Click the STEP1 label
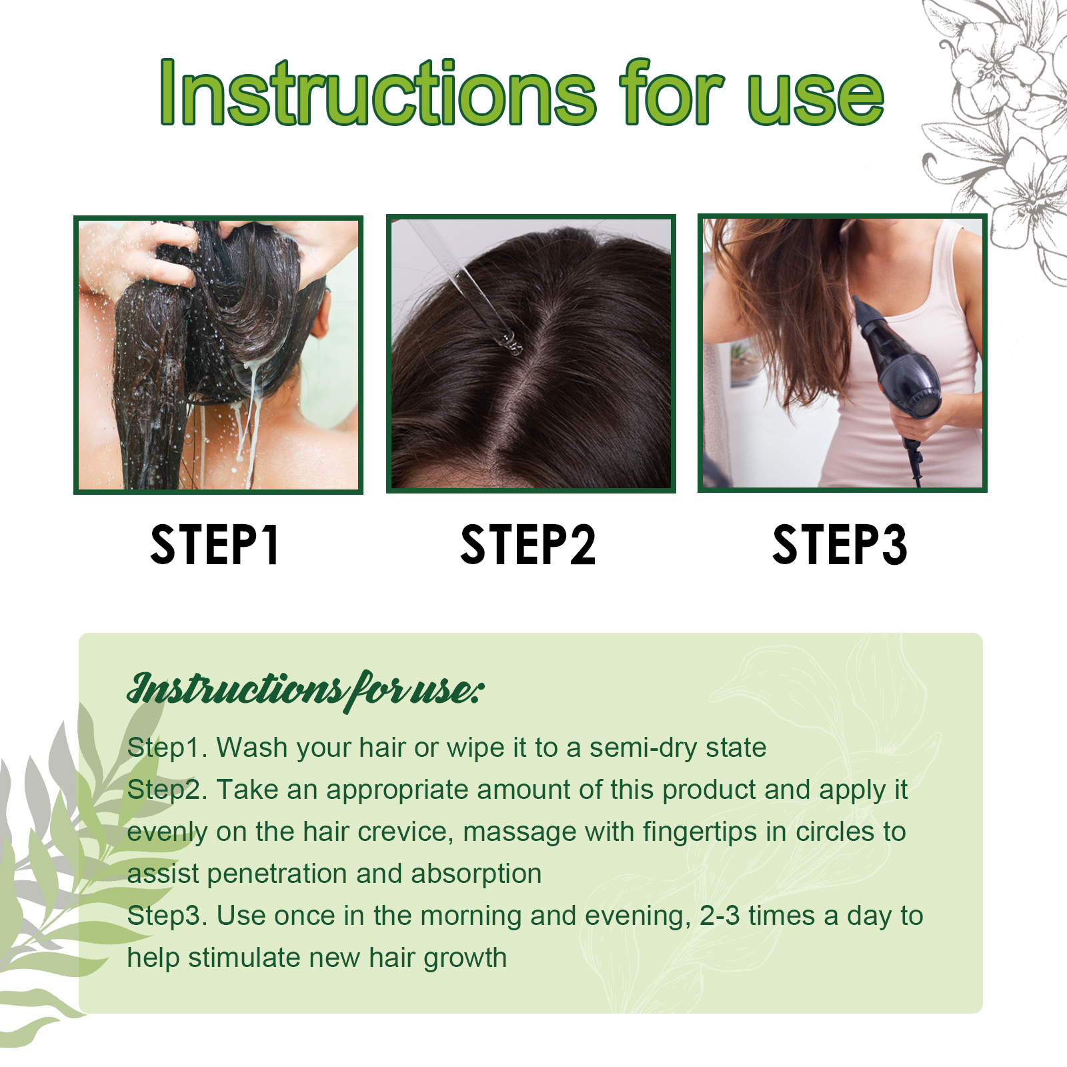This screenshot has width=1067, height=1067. (215, 545)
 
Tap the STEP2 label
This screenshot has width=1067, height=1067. (528, 545)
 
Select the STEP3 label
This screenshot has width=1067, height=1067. (840, 545)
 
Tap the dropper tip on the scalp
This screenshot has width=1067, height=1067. (512, 343)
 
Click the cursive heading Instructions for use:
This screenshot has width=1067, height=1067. (305, 690)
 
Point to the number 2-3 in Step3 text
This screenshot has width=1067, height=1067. (720, 916)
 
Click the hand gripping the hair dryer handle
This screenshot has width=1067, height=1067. (913, 421)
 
